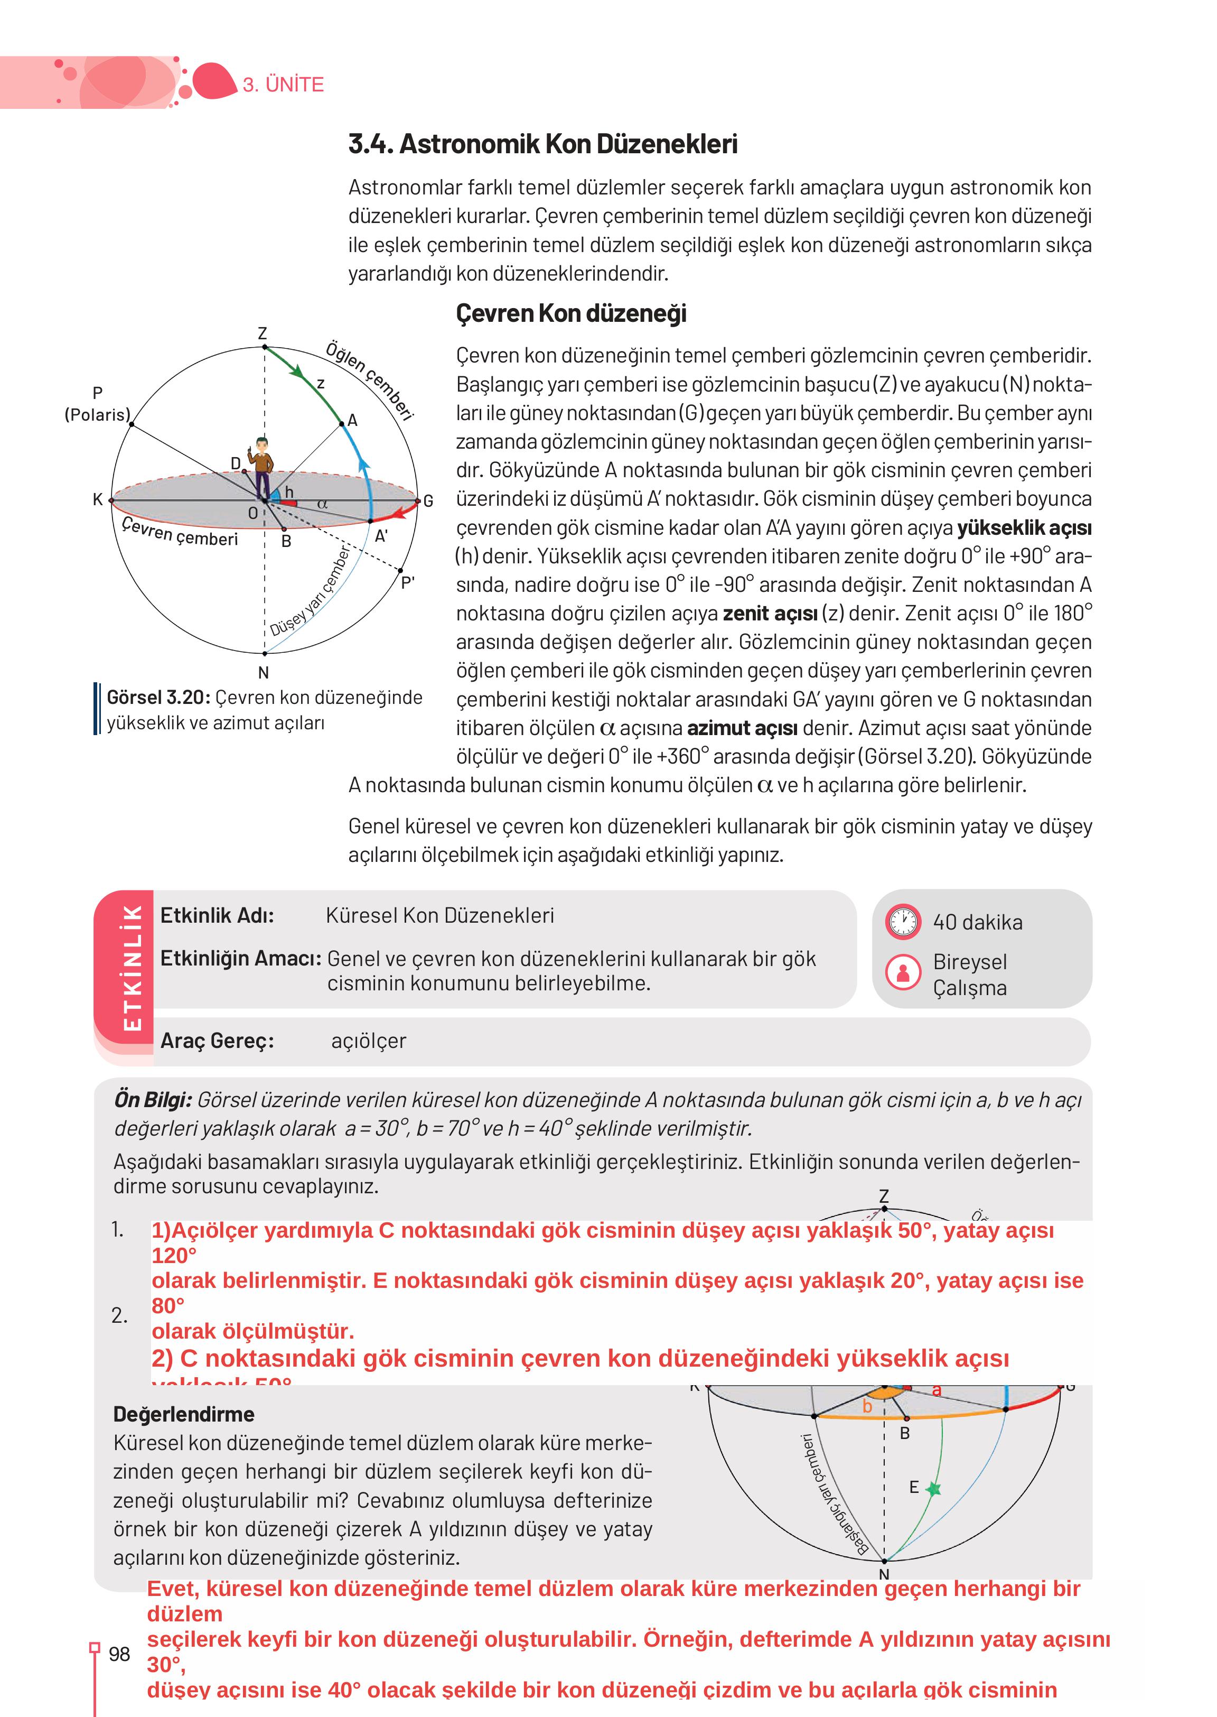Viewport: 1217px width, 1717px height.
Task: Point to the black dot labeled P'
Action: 401,571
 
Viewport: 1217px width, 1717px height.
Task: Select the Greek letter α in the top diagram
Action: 322,504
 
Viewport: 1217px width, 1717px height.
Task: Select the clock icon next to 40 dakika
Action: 903,922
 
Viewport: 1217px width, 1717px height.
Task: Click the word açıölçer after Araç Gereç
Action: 368,1041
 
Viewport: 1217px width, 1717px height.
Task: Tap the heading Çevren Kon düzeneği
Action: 571,313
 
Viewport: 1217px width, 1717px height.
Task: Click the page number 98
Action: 119,1654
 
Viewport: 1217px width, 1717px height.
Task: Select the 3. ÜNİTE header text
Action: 283,85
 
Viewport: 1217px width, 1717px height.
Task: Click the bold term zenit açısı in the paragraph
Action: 770,614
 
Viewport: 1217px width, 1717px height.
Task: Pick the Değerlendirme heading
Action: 184,1414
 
